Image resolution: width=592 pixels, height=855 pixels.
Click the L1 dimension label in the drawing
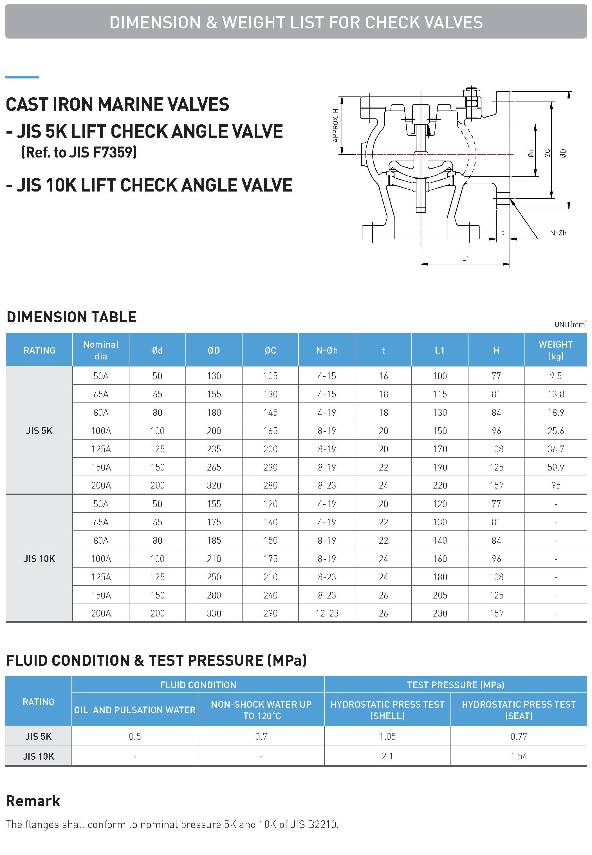[465, 258]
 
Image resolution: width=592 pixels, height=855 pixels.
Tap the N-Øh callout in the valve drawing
[558, 233]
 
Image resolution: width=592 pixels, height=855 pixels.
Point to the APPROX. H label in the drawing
[335, 125]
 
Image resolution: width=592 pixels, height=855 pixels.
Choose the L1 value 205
[439, 595]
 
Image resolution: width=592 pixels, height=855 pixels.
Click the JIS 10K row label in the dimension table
[39, 559]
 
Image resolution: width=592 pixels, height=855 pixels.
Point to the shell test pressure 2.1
[387, 756]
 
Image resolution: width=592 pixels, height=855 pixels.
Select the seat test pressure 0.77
[519, 736]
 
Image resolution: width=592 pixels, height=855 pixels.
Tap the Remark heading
[33, 801]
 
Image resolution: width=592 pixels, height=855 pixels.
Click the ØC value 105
[270, 376]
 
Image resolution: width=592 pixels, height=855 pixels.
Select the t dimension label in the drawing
[503, 233]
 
